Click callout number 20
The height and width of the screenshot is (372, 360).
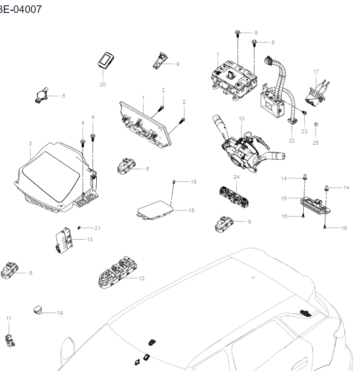[x=103, y=85]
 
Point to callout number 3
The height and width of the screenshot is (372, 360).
[x=30, y=143]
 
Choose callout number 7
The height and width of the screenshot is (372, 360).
[x=217, y=55]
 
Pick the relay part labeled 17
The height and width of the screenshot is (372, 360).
[x=314, y=90]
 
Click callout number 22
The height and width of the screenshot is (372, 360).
[x=291, y=140]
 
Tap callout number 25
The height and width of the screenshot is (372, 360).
[x=316, y=143]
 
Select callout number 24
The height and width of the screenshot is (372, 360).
[x=236, y=177]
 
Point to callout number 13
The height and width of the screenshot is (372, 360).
[x=90, y=239]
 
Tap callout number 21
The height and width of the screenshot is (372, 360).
[x=98, y=228]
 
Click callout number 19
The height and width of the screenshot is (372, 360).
[x=60, y=313]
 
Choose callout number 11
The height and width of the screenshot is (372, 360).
[x=9, y=319]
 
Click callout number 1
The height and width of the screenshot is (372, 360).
[x=143, y=98]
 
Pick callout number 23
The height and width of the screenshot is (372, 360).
[x=304, y=131]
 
